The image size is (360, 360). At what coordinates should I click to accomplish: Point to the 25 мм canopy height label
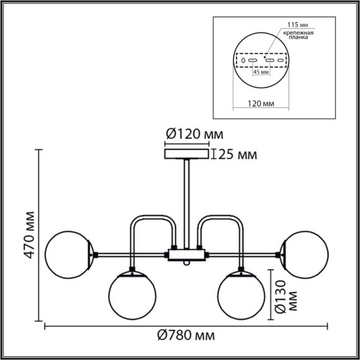(x=236, y=155)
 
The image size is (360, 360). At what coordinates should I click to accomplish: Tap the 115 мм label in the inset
(x=295, y=24)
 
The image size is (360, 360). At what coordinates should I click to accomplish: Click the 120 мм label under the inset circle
(x=261, y=104)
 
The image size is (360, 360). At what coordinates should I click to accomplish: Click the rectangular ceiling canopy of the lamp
(x=186, y=154)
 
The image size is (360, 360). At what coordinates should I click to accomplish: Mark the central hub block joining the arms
(x=186, y=254)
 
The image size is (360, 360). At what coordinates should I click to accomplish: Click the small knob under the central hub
(x=186, y=264)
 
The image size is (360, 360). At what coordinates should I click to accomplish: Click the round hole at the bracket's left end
(x=243, y=61)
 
